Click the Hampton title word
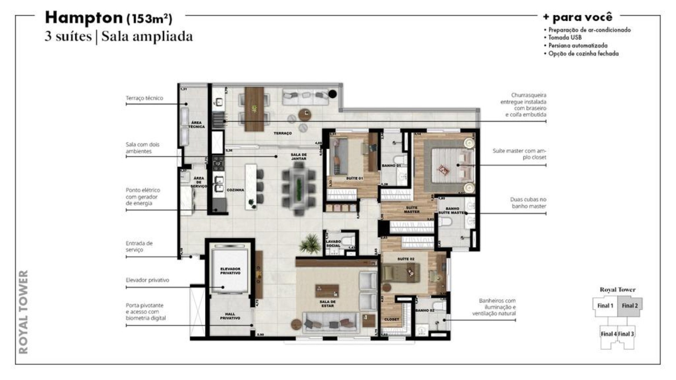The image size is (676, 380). pos(84,18)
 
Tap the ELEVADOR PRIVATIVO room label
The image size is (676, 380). pos(230,271)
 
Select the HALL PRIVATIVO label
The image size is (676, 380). pos(230,316)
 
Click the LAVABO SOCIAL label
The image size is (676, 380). pos(333,243)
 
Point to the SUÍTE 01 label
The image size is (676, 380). pos(354,178)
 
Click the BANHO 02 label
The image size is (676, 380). pos(425,310)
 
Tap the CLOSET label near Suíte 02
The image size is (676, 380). pos(391,319)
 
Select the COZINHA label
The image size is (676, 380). pos(235,190)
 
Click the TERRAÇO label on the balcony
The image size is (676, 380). pos(283,133)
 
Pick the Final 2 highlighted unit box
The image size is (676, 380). pos(630,306)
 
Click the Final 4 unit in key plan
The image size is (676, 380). pos(608,334)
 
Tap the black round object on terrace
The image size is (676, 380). pos(332,94)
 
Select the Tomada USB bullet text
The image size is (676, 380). pos(565,37)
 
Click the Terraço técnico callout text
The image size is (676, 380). pos(144,98)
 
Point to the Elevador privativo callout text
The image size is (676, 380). pos(147,280)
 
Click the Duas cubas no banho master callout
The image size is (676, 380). pos(528,203)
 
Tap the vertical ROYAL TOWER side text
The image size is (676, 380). pos(23,312)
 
